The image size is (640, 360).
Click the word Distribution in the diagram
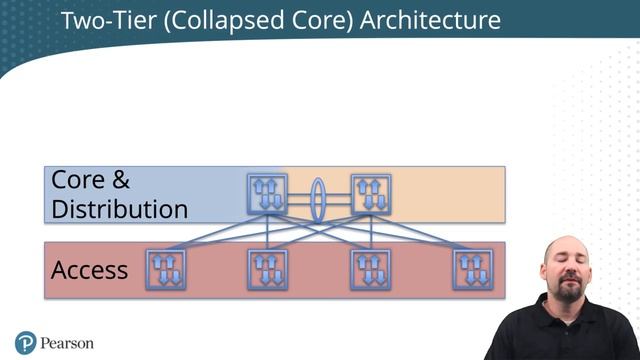(119, 209)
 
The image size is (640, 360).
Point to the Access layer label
(89, 269)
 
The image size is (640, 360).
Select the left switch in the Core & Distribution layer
(267, 192)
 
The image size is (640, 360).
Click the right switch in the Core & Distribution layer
(370, 192)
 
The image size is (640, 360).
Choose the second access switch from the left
(267, 269)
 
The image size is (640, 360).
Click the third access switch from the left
(370, 269)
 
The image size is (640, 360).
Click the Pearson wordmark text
(67, 343)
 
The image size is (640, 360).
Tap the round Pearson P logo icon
(26, 343)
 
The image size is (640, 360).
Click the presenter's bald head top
(566, 240)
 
